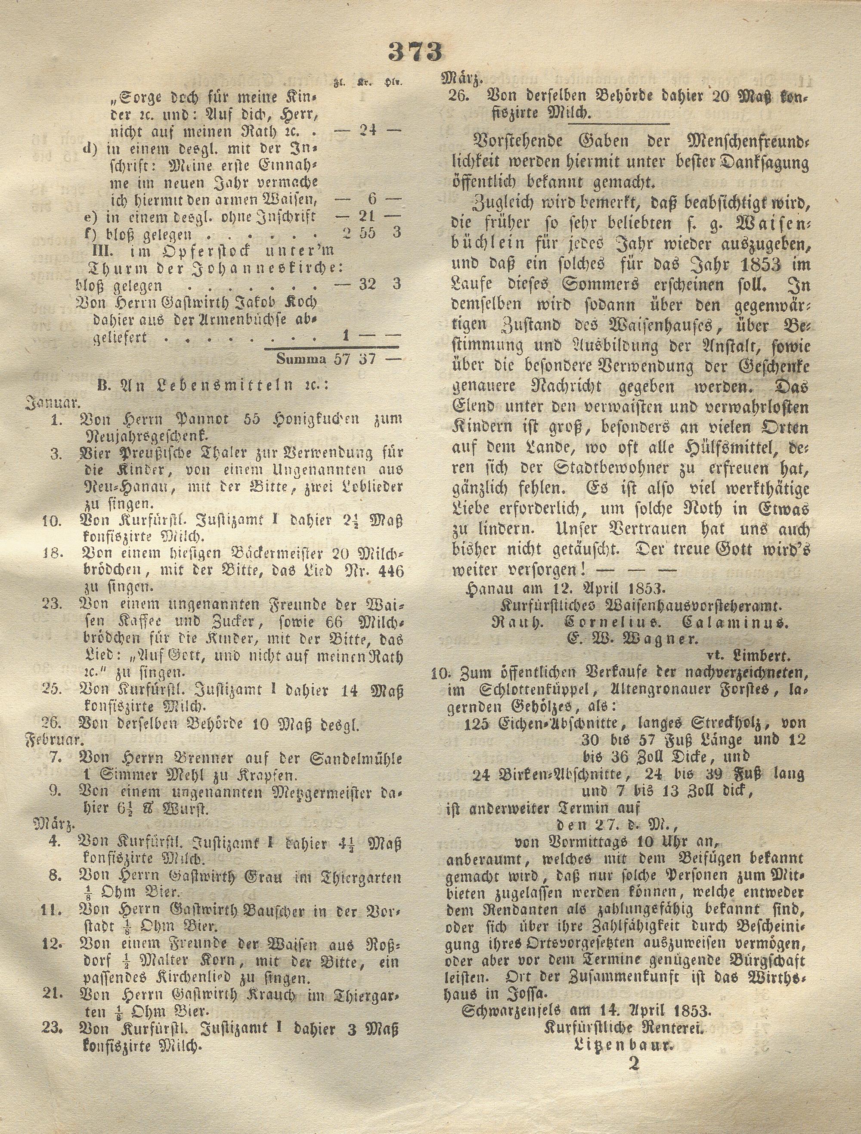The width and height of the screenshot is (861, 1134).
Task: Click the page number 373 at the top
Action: [x=415, y=51]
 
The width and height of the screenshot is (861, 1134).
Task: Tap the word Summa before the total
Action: [x=301, y=359]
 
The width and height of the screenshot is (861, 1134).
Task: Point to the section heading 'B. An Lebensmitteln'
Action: [x=213, y=385]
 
